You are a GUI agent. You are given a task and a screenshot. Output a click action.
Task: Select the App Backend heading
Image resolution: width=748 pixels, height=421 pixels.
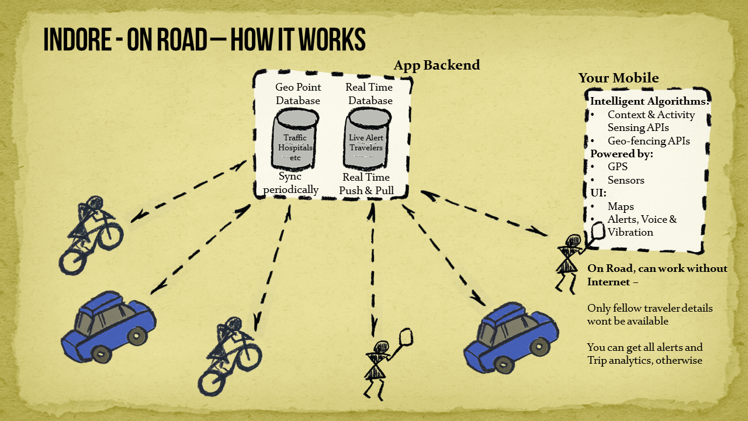(437, 65)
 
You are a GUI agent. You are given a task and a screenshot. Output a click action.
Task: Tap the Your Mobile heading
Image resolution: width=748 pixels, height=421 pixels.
(618, 78)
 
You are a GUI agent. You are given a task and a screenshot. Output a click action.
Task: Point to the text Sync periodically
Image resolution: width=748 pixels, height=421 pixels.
(290, 183)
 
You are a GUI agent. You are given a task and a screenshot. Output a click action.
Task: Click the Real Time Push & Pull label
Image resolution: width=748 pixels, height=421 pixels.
(366, 184)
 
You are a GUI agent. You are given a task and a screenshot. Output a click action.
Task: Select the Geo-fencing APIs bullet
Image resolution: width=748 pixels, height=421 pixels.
(649, 141)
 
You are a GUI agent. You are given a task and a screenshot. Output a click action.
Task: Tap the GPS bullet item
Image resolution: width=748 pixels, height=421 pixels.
(617, 167)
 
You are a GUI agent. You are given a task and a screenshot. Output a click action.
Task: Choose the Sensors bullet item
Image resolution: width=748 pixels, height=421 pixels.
(625, 180)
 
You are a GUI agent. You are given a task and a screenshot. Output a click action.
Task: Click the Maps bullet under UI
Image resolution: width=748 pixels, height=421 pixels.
(621, 206)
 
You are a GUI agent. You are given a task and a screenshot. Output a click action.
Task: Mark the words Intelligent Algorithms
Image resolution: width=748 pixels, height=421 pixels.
(649, 101)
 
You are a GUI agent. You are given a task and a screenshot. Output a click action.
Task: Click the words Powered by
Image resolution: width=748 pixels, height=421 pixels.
(621, 154)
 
